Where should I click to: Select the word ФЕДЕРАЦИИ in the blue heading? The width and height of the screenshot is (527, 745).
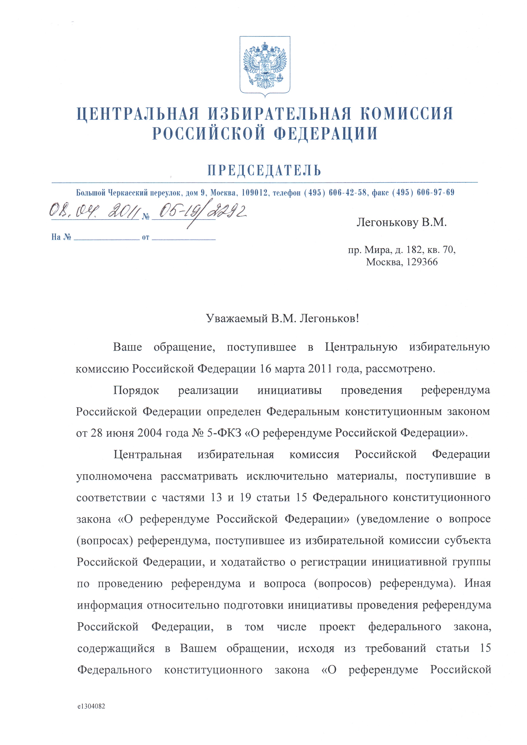pyautogui.click(x=326, y=133)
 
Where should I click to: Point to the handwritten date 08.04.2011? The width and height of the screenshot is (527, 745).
pyautogui.click(x=94, y=212)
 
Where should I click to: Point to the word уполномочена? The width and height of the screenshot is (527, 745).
pyautogui.click(x=114, y=476)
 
